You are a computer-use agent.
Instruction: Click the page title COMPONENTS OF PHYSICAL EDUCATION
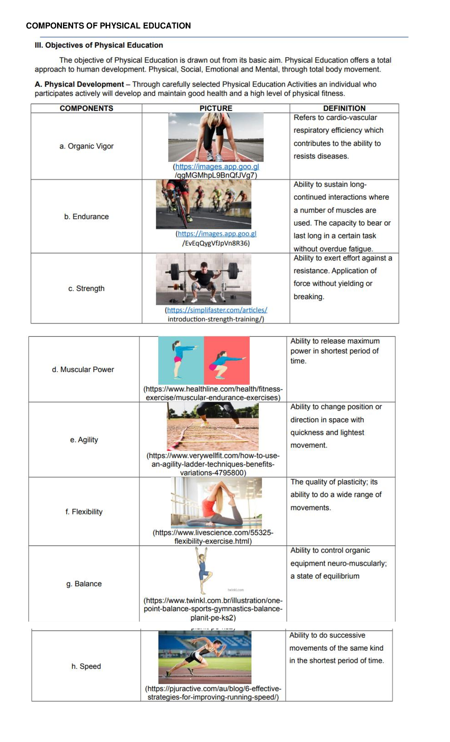point(108,26)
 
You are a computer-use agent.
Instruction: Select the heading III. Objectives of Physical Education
point(99,45)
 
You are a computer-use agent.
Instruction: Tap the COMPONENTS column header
point(86,109)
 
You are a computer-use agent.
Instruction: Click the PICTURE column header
point(216,109)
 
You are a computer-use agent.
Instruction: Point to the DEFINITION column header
point(344,109)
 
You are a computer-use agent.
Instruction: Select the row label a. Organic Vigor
point(86,146)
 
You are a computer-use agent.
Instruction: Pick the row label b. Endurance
point(86,217)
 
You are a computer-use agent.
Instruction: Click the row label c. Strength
point(86,289)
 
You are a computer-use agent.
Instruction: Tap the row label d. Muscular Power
point(83,370)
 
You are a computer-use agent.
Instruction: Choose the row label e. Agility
point(84,440)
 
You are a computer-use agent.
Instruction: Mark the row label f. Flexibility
point(84,512)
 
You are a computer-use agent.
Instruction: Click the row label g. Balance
point(84,584)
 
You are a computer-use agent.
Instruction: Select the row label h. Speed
point(86,667)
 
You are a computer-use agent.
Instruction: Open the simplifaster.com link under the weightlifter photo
point(216,310)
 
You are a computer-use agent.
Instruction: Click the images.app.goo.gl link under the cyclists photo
point(217,234)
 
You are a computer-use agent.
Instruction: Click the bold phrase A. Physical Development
point(79,84)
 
